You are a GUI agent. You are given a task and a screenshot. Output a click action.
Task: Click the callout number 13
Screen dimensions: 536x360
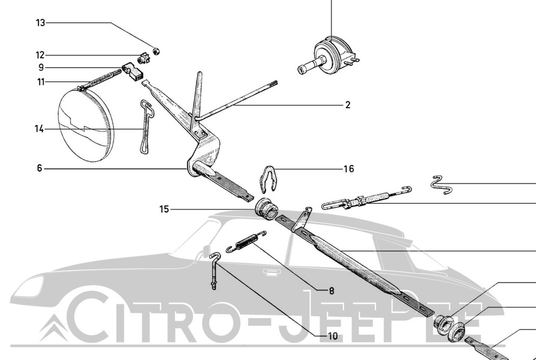coord(40,23)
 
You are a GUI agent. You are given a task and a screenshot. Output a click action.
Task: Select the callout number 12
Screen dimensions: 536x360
coord(40,55)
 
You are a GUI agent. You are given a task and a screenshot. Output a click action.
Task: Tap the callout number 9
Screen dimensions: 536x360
coord(41,68)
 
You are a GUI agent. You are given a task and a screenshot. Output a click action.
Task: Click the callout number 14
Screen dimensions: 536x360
coord(39,129)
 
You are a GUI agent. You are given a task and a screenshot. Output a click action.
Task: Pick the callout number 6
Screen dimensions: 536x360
coord(40,169)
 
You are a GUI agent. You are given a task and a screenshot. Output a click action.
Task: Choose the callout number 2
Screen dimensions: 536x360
coord(348,105)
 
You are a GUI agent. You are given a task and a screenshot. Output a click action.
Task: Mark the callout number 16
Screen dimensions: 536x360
coord(349,169)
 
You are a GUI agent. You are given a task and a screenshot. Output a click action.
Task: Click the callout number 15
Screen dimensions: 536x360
coord(164,210)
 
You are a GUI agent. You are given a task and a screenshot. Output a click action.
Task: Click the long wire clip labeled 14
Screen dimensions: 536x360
coord(146,126)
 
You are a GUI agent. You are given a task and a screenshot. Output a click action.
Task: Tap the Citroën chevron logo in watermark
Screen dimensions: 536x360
coord(53,326)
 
